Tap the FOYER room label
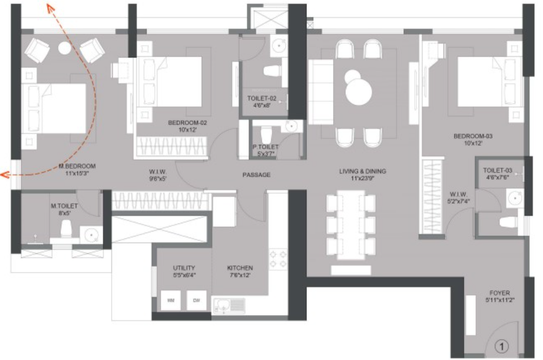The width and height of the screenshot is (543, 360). pyautogui.click(x=499, y=293)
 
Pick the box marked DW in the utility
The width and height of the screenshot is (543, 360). pyautogui.click(x=196, y=300)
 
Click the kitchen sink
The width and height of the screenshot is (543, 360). pyautogui.click(x=224, y=304)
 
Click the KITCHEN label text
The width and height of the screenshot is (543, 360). pyautogui.click(x=240, y=268)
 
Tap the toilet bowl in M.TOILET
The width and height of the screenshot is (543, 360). pyautogui.click(x=66, y=228)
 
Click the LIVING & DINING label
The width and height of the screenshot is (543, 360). pyautogui.click(x=362, y=171)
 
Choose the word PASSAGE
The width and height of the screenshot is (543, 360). pyautogui.click(x=256, y=174)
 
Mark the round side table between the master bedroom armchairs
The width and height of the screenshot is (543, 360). pyautogui.click(x=65, y=49)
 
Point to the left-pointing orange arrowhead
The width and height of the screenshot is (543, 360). pyautogui.click(x=4, y=175)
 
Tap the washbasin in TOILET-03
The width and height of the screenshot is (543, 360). pyautogui.click(x=514, y=197)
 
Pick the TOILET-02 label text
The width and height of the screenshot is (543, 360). pyautogui.click(x=262, y=98)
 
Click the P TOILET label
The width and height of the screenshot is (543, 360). pyautogui.click(x=265, y=147)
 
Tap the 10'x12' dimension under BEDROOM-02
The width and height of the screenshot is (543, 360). pyautogui.click(x=187, y=130)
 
